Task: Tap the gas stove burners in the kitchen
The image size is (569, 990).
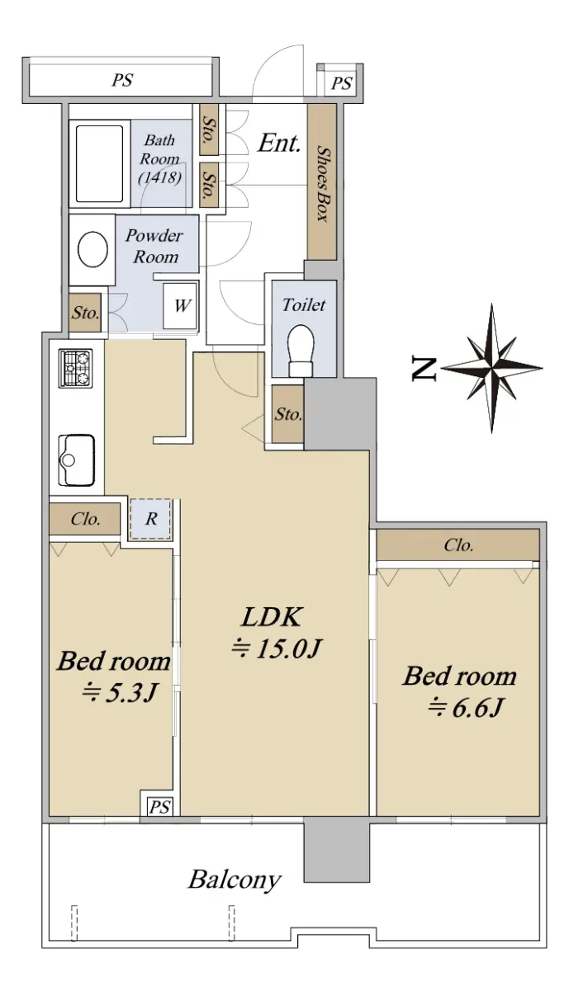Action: pos(76,368)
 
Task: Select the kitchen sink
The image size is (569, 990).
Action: pos(77,460)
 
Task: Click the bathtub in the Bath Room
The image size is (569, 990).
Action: pos(100,164)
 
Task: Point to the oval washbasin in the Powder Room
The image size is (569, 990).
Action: pos(93,249)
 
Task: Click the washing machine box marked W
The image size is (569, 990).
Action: pos(180,305)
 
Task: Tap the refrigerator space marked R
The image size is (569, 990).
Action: pos(150,519)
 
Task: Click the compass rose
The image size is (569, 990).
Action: pos(492,368)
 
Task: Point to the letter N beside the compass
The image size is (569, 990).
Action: pos(424,369)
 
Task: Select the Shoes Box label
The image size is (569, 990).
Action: pos(323,184)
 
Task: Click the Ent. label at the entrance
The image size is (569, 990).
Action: pos(279,143)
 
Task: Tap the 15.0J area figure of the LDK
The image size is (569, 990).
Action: pos(287,648)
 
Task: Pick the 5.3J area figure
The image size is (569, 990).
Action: pos(131,692)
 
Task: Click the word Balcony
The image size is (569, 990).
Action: pos(235,880)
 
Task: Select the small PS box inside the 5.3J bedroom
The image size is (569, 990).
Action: pos(159,808)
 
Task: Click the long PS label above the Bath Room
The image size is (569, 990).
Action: pos(122,81)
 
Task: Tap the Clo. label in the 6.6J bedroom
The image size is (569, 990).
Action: pos(458,545)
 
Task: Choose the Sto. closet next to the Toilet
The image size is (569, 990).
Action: pos(288,414)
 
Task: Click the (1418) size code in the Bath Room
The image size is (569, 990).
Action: pos(159,177)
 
